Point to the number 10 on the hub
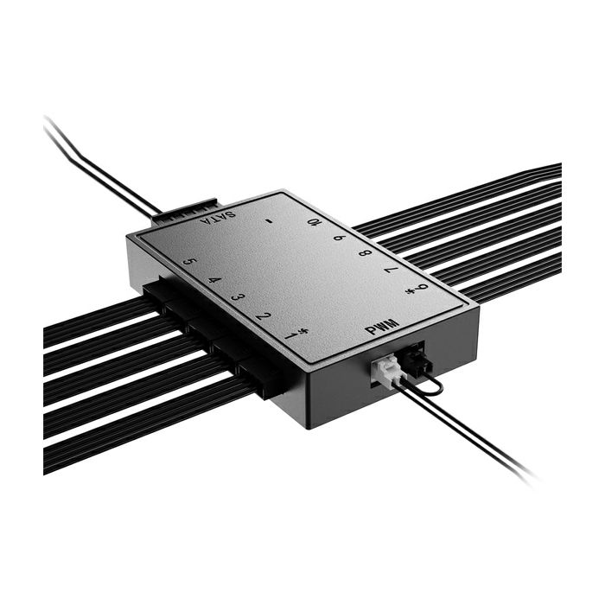point(315,222)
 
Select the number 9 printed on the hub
point(339,238)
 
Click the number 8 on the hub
point(364,253)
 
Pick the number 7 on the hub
point(391,271)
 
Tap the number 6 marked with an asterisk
point(419,289)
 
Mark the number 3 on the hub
point(238,296)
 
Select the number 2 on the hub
point(263,315)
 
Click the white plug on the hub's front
point(385,373)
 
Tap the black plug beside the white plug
point(411,360)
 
